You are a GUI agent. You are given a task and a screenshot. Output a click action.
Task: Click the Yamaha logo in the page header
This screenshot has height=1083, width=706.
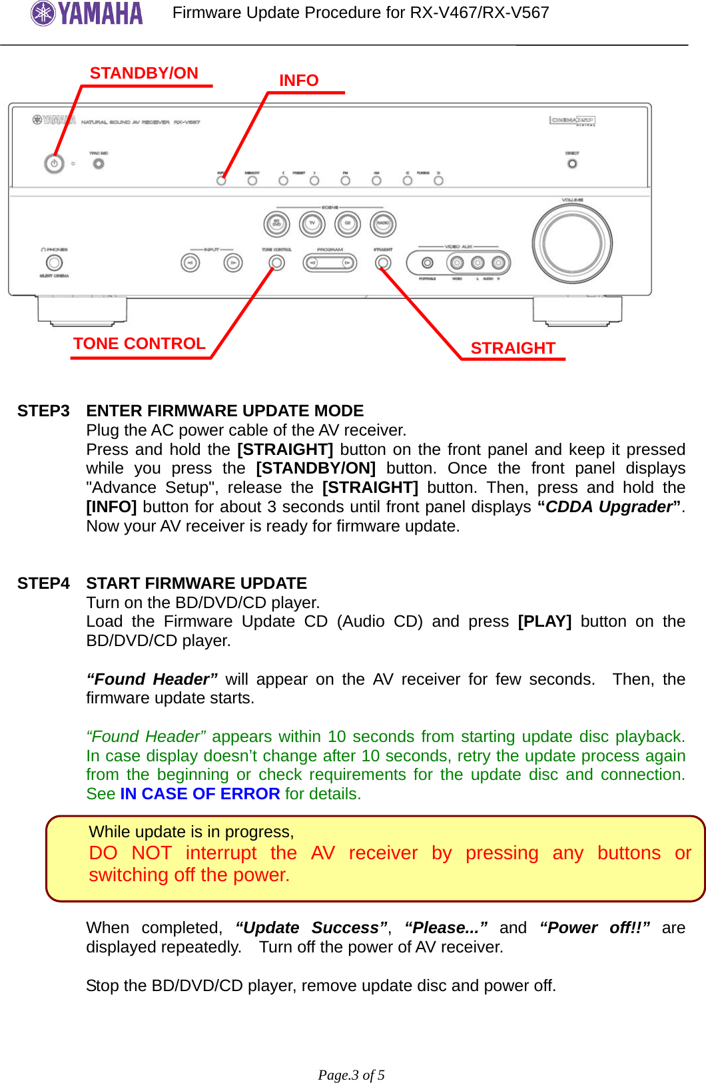(87, 13)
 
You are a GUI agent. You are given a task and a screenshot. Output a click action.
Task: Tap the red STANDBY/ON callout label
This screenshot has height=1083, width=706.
(144, 73)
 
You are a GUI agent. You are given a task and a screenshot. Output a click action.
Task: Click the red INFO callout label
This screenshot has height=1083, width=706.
(298, 81)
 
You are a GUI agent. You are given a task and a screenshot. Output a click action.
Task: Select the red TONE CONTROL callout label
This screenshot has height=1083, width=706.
(139, 344)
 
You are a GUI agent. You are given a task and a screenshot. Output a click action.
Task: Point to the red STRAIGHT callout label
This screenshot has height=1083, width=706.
(512, 348)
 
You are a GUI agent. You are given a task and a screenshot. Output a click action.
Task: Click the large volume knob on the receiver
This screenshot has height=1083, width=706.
(571, 243)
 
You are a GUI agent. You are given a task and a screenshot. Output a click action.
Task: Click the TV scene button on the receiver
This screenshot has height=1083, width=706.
(312, 224)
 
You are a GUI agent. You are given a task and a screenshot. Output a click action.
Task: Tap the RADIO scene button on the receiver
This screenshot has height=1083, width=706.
(383, 224)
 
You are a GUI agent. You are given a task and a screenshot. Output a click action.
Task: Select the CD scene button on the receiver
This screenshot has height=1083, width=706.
(347, 224)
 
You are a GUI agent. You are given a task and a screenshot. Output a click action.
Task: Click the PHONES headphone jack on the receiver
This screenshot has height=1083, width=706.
(55, 263)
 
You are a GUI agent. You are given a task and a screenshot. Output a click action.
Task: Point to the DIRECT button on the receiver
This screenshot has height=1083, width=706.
(572, 163)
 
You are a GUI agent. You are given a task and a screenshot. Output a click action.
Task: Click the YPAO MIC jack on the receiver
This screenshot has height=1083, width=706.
(99, 163)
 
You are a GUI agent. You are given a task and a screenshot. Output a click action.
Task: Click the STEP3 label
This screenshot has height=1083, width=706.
(43, 411)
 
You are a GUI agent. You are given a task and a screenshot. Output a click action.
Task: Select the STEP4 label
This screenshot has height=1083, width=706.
(43, 583)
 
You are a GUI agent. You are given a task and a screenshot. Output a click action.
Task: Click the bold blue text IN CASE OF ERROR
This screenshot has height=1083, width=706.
(200, 794)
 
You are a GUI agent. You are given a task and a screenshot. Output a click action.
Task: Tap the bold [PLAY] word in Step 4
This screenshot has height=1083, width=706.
(544, 621)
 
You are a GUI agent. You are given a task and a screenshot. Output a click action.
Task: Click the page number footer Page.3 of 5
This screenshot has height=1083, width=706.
(351, 1075)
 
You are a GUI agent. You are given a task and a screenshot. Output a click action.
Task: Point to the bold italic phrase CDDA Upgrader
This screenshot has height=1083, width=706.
(609, 507)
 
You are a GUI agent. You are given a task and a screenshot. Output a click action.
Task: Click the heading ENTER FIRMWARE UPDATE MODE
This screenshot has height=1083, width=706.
(224, 411)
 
